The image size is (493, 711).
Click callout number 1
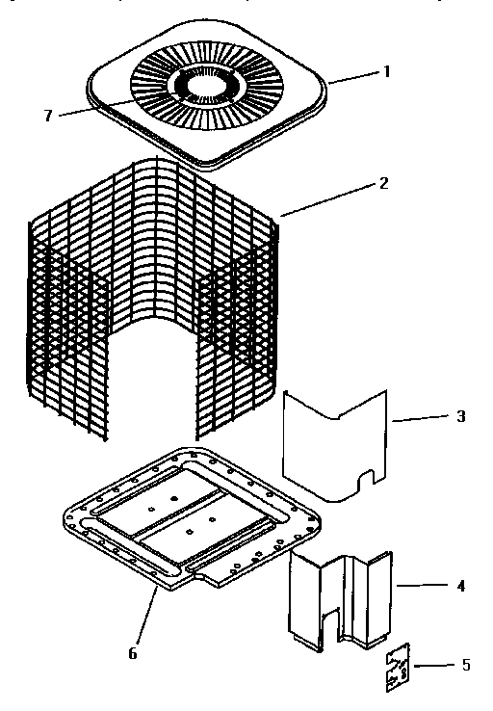(x=388, y=72)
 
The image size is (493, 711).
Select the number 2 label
(x=384, y=182)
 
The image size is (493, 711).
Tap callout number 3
(x=460, y=416)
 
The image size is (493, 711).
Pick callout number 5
(x=466, y=665)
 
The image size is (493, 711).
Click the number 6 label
(x=132, y=653)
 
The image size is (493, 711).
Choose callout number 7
(x=47, y=116)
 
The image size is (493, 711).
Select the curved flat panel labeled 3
(x=332, y=443)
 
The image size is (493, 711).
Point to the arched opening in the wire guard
(x=154, y=376)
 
